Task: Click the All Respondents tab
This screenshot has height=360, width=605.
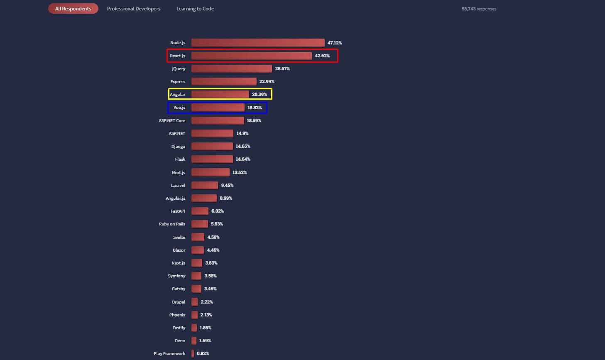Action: (x=73, y=9)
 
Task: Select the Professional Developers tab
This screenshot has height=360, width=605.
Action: (x=133, y=9)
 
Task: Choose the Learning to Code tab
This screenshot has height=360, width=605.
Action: (x=195, y=9)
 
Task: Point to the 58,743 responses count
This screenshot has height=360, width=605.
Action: (x=479, y=9)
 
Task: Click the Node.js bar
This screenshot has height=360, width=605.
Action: (x=257, y=43)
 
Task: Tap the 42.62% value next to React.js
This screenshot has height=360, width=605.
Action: (x=322, y=56)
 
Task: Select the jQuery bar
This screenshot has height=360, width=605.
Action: (x=231, y=69)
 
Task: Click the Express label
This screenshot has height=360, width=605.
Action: (x=178, y=82)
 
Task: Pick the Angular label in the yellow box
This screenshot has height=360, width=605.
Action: (x=177, y=95)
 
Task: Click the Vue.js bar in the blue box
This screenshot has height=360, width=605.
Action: (x=218, y=108)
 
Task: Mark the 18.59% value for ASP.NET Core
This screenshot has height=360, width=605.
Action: (x=254, y=120)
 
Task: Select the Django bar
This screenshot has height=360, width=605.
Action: (x=212, y=146)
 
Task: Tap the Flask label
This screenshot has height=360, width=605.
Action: (x=180, y=159)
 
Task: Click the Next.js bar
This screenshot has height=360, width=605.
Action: (x=210, y=172)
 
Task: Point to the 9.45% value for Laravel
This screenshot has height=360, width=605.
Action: (x=227, y=185)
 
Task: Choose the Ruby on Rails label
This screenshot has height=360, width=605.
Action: (x=172, y=224)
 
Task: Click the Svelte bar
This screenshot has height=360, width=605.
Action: (x=198, y=237)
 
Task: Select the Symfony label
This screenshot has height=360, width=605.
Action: (x=176, y=276)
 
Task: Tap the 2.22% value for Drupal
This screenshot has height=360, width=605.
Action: (x=207, y=302)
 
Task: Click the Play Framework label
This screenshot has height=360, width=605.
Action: (x=169, y=354)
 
